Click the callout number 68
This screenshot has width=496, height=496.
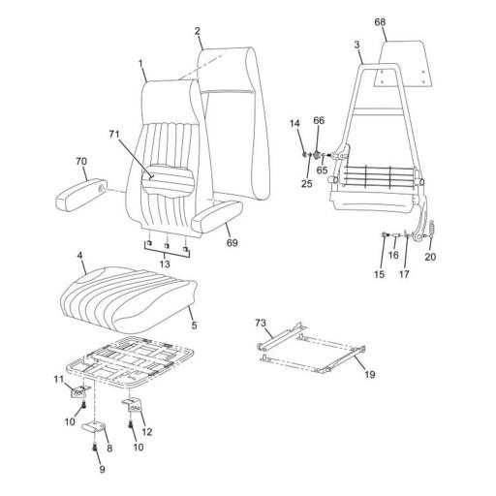[x=379, y=21]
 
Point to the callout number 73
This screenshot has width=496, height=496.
[x=260, y=322]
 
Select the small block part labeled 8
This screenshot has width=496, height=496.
[x=94, y=427]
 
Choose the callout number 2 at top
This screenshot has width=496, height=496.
[x=197, y=31]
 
